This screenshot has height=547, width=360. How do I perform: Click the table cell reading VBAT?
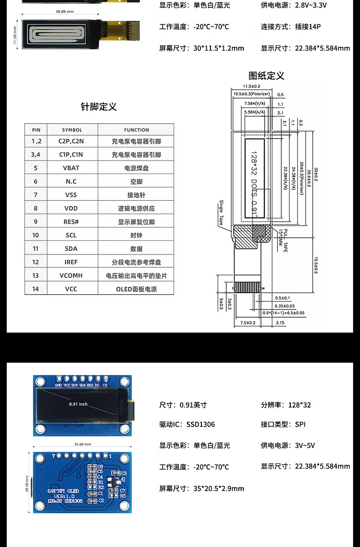tap(71, 168)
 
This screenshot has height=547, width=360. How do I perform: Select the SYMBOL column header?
tap(72, 130)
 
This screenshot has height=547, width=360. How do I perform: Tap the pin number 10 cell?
tap(36, 235)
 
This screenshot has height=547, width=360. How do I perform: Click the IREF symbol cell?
tap(71, 262)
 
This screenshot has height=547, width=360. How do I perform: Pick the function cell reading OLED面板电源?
tap(136, 289)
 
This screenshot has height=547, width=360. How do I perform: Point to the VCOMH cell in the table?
tap(71, 276)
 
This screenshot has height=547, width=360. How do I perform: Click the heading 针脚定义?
tap(99, 107)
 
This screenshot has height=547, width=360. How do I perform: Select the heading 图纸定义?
tap(266, 76)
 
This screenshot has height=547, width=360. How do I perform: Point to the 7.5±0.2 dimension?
tap(247, 323)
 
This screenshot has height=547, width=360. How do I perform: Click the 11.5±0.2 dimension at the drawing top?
tap(251, 86)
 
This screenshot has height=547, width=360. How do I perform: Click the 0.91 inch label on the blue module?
tap(78, 404)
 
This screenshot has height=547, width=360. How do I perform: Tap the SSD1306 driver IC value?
tap(201, 424)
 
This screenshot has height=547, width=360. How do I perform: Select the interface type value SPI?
tap(300, 424)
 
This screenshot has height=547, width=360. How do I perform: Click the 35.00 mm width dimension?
tap(82, 444)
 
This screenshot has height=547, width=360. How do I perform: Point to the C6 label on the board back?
tap(100, 467)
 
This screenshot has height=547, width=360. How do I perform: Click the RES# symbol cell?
tap(71, 222)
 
